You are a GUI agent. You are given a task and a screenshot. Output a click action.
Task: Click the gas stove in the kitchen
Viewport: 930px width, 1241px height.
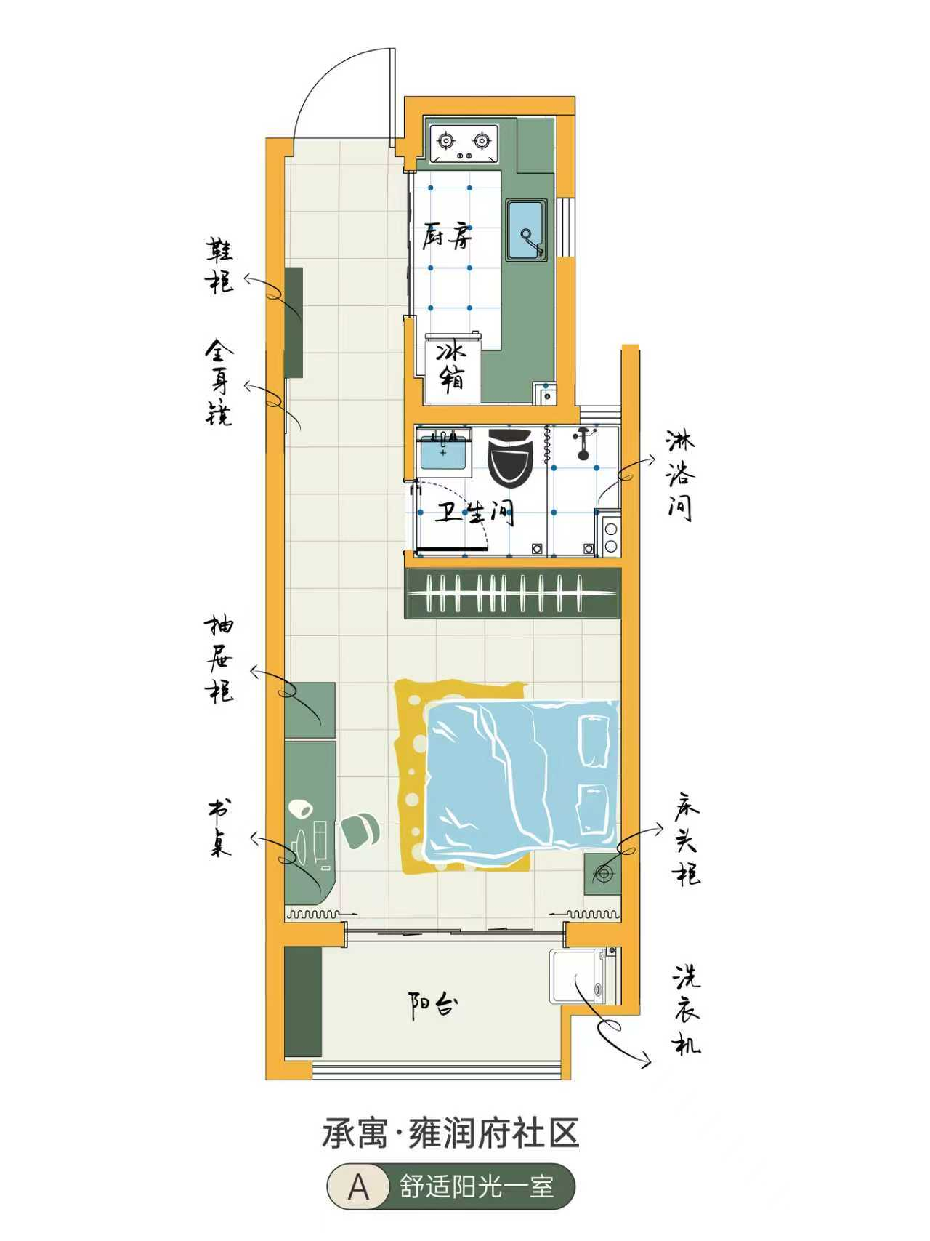pyautogui.click(x=464, y=144)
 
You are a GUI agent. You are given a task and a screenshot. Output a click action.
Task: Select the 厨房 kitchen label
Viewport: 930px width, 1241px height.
pyautogui.click(x=448, y=236)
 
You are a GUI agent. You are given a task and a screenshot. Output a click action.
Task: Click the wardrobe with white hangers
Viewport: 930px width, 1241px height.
pyautogui.click(x=513, y=593)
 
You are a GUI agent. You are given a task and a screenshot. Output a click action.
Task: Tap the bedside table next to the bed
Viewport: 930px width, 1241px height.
pyautogui.click(x=602, y=873)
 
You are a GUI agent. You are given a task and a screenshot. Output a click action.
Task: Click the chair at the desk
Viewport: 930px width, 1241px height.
pyautogui.click(x=360, y=830)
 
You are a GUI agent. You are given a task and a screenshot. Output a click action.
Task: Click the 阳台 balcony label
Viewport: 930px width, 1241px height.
pyautogui.click(x=434, y=1005)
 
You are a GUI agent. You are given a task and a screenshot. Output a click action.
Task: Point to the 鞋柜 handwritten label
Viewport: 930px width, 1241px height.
pyautogui.click(x=220, y=265)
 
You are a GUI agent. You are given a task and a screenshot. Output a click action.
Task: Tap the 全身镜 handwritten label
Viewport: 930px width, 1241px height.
pyautogui.click(x=219, y=382)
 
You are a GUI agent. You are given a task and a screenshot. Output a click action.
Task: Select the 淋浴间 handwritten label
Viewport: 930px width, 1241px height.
pyautogui.click(x=681, y=475)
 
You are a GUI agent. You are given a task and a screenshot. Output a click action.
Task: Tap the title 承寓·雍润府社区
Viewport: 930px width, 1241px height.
pyautogui.click(x=450, y=1134)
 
